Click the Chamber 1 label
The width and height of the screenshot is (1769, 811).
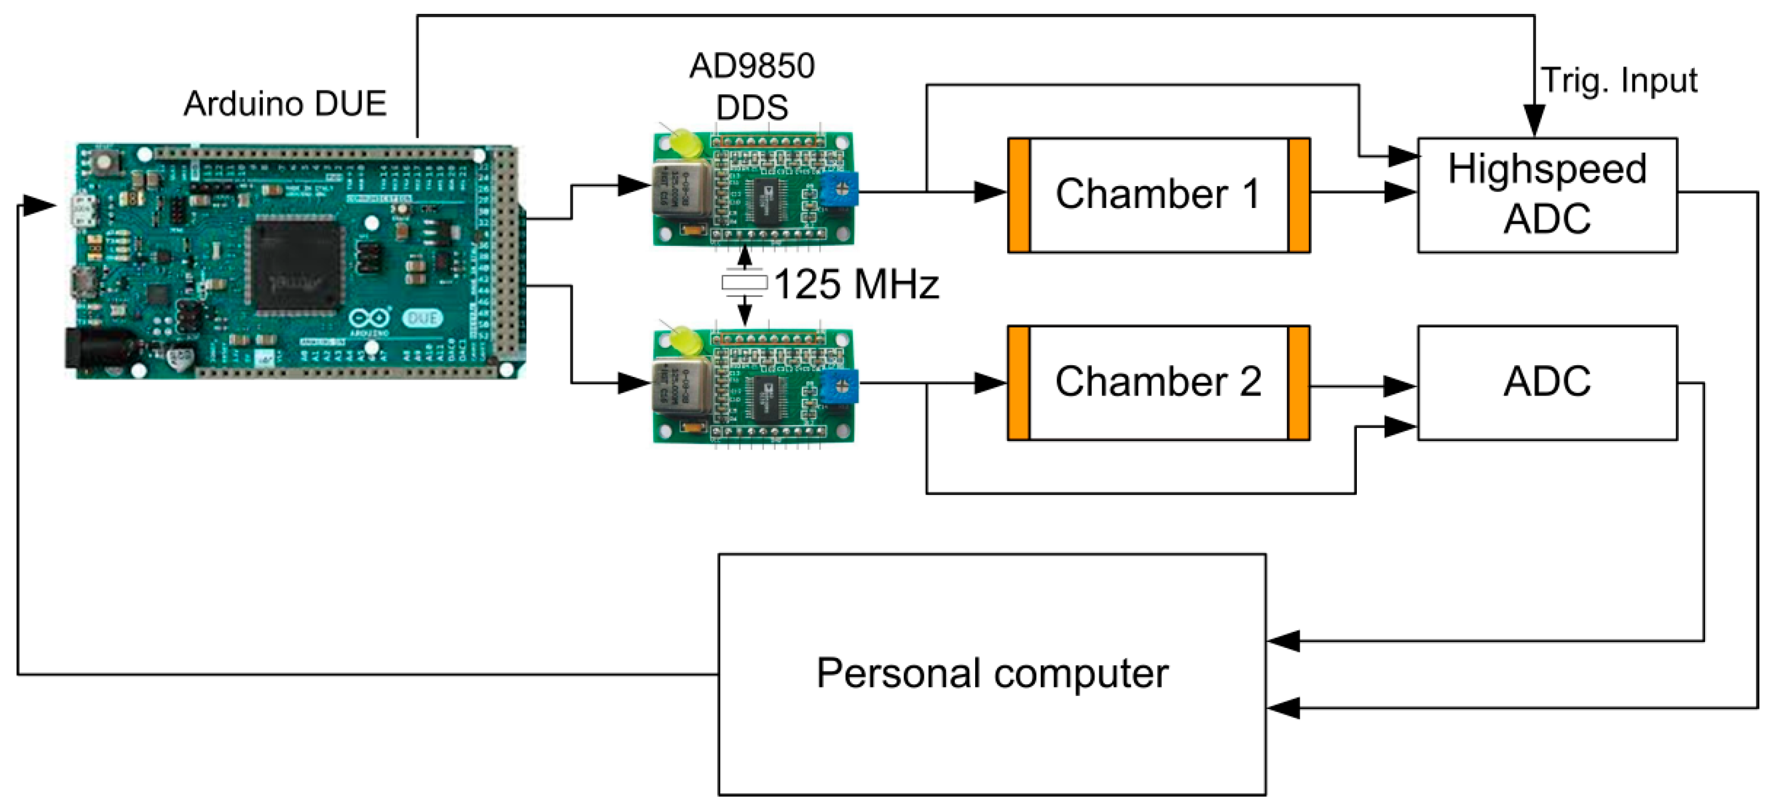tap(1158, 194)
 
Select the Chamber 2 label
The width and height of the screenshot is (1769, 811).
tap(1158, 382)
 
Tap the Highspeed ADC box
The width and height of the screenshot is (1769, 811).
tap(1547, 195)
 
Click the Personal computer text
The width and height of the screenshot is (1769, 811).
tap(992, 673)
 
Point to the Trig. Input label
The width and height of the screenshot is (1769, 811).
tap(1619, 81)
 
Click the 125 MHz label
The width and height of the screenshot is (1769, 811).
tap(856, 284)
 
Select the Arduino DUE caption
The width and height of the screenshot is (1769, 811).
tap(285, 103)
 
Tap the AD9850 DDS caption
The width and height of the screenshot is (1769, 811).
tap(752, 86)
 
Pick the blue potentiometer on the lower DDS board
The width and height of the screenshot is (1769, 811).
tap(839, 386)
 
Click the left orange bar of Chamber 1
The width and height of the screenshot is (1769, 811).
tap(1019, 195)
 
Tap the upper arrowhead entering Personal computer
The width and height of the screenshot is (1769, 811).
tap(1283, 641)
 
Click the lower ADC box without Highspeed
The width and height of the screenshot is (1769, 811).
tap(1547, 382)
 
